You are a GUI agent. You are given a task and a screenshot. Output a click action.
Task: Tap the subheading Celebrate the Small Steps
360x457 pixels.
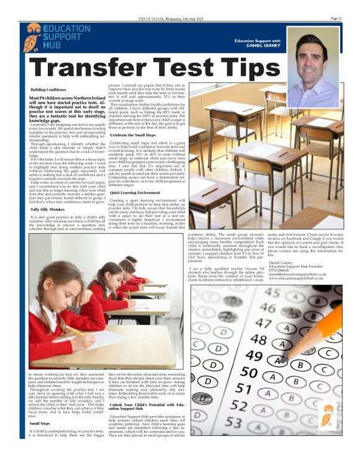coord(133,135)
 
